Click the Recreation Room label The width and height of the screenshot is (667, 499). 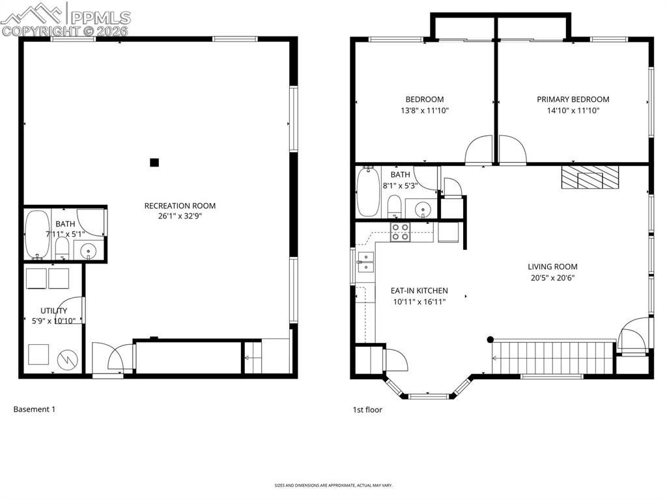pyautogui.click(x=180, y=206)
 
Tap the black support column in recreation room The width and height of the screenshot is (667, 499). pyautogui.click(x=154, y=163)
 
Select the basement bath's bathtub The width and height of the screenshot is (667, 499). pyautogui.click(x=36, y=235)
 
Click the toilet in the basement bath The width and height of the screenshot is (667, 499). pyautogui.click(x=62, y=247)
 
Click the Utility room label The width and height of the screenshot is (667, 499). pyautogui.click(x=53, y=311)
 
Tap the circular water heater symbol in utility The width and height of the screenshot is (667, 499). pyautogui.click(x=68, y=358)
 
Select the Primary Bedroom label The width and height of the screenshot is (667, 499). pyautogui.click(x=573, y=100)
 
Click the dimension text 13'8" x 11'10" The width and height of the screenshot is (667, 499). pyautogui.click(x=425, y=111)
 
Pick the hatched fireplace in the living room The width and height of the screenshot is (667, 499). pyautogui.click(x=590, y=177)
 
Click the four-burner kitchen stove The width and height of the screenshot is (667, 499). pyautogui.click(x=400, y=232)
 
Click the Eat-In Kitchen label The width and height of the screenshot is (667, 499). pyautogui.click(x=419, y=291)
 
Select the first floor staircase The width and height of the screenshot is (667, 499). pyautogui.click(x=554, y=357)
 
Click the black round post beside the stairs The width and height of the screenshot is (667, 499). pyautogui.click(x=490, y=339)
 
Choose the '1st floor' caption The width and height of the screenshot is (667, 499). pyautogui.click(x=367, y=410)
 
